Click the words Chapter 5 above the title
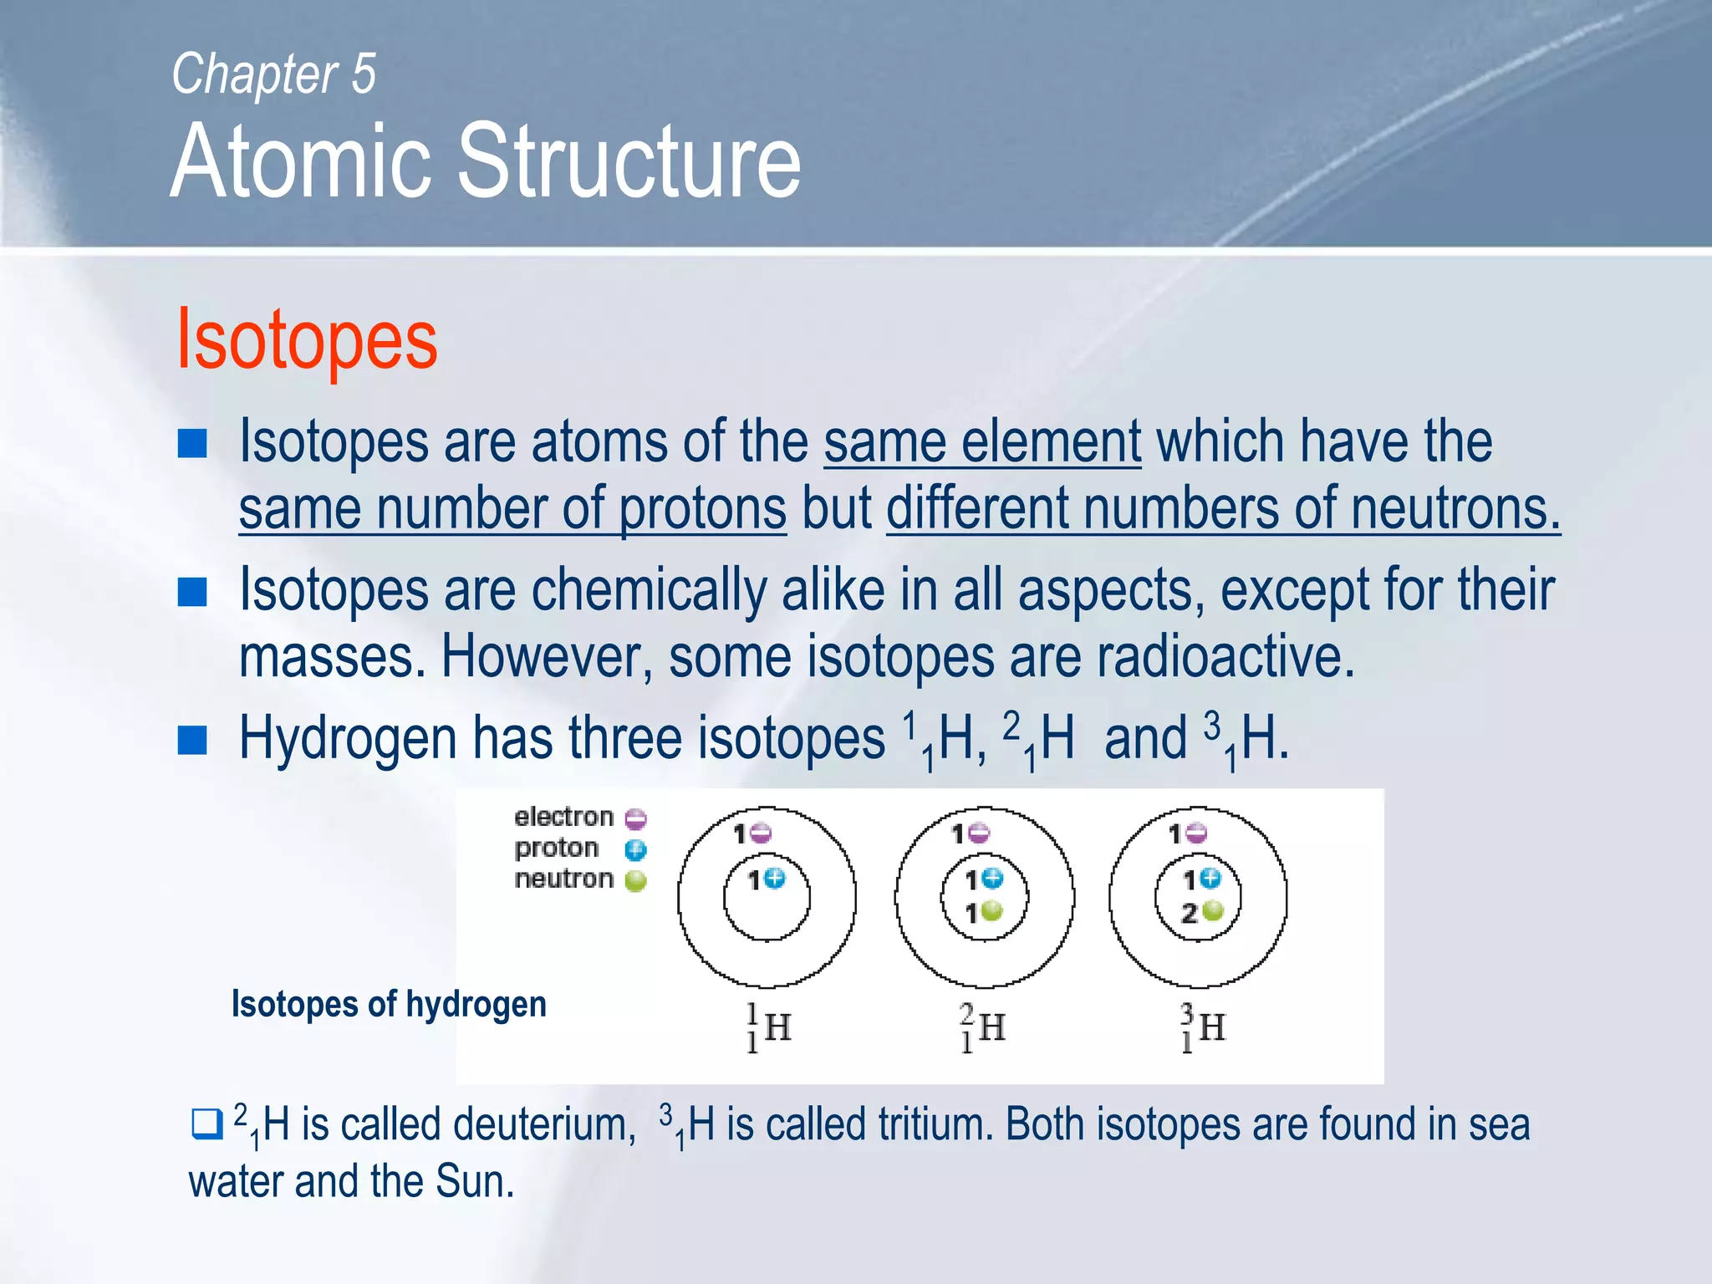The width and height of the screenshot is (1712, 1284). (273, 74)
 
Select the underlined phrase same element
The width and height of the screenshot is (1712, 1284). (982, 442)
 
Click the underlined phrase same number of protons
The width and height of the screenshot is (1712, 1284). (512, 509)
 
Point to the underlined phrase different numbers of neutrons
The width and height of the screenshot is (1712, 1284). (1223, 509)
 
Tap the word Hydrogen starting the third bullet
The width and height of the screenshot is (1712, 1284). (347, 739)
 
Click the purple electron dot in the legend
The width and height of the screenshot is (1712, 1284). (636, 818)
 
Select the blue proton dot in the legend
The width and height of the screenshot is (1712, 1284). (636, 850)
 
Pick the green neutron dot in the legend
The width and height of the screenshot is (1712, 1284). (636, 881)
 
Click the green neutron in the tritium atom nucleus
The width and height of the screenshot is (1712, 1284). (1212, 911)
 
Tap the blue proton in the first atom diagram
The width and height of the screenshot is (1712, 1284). (776, 879)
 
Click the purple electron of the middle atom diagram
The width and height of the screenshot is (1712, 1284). (980, 833)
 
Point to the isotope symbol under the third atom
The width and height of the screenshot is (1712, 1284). (1202, 1028)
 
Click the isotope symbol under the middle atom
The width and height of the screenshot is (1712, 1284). (982, 1028)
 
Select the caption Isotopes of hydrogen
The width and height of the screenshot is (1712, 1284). (389, 1004)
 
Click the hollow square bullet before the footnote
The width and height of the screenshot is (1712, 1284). (206, 1123)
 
